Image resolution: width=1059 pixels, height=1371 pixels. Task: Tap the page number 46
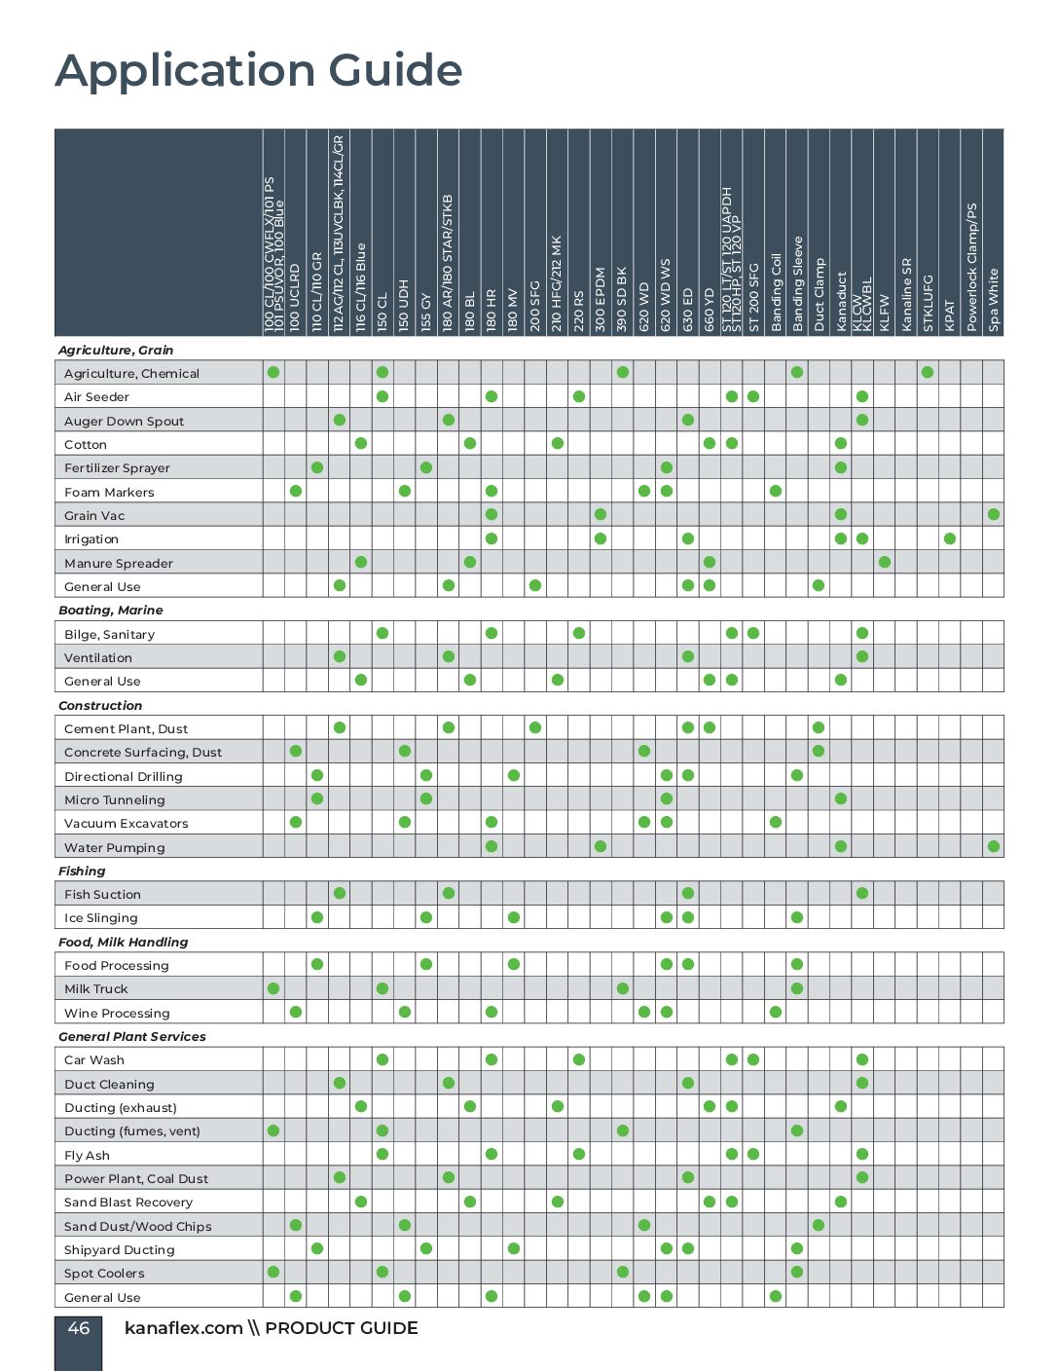coord(79,1328)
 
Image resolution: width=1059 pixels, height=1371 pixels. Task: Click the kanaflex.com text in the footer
coord(183,1328)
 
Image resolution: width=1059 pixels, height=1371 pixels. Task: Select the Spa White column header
coord(994,299)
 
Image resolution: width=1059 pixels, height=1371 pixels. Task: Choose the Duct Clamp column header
coord(820,294)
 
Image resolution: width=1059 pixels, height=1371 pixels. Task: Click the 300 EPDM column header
coord(601,299)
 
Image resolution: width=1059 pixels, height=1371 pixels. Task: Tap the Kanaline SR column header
coord(906,294)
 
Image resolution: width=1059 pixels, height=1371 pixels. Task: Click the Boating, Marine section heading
coord(111,611)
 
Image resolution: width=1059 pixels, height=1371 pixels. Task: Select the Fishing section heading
coord(82,871)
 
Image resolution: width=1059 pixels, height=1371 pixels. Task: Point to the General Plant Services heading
coord(132,1037)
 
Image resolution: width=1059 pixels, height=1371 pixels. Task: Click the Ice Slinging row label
coord(101,918)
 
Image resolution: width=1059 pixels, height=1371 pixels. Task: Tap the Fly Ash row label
coord(87,1156)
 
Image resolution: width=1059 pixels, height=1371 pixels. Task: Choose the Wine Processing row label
coord(117,1014)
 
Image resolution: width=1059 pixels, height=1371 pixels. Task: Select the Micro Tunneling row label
coord(115,800)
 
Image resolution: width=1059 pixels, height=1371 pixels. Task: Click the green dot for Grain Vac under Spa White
coord(993,514)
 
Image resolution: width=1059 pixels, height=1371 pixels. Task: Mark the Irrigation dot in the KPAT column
coord(950,538)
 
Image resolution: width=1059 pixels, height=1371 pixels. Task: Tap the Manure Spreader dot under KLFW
coord(884,562)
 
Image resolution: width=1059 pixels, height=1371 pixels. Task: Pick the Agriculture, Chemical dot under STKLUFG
coord(928,372)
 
